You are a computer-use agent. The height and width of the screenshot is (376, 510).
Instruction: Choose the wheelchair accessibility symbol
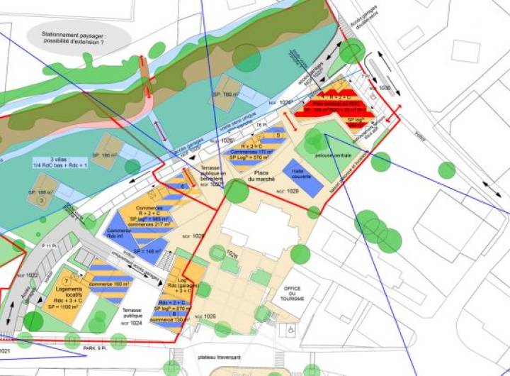click(x=289, y=330)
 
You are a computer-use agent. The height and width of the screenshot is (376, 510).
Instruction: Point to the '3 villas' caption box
click(x=51, y=162)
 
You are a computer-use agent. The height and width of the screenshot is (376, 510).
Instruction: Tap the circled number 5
click(x=279, y=134)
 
